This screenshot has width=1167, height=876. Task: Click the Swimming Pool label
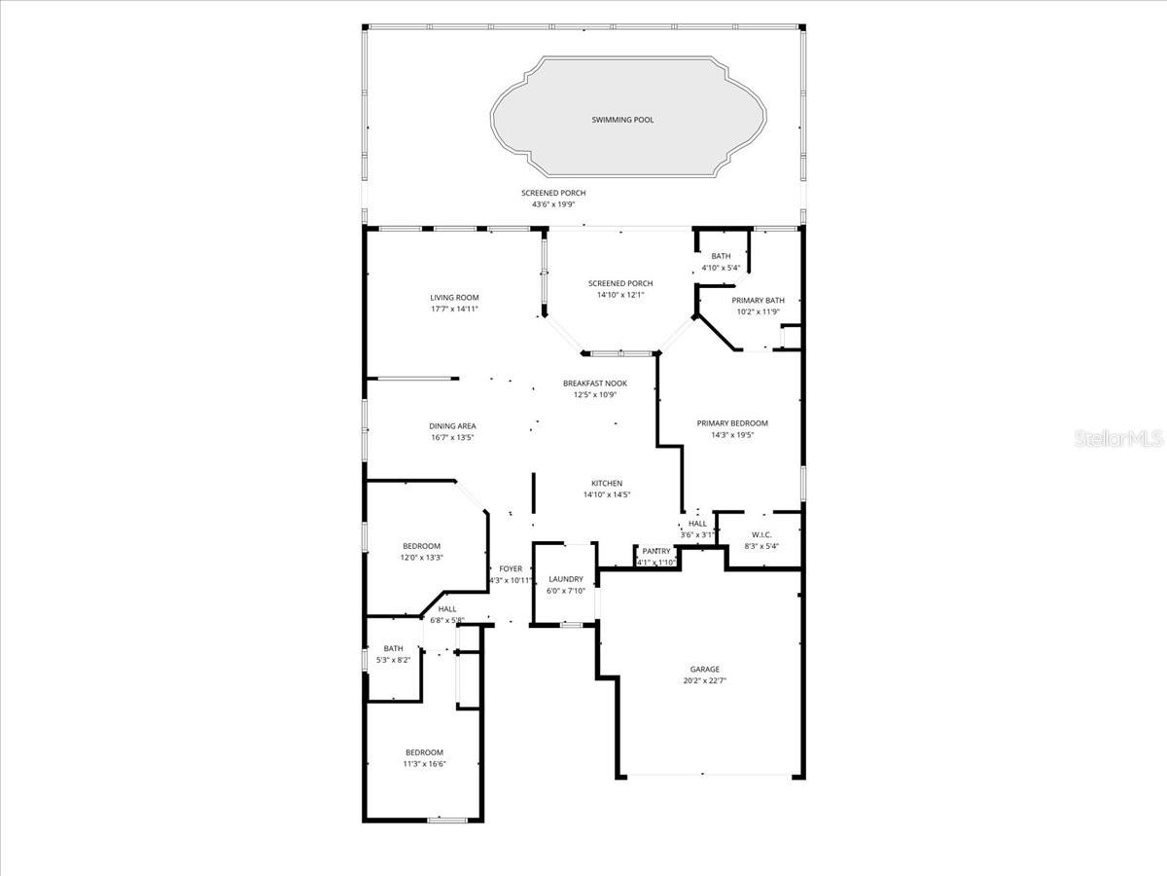click(622, 120)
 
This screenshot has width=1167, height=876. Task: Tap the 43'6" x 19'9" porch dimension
click(553, 204)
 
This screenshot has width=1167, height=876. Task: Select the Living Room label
click(454, 297)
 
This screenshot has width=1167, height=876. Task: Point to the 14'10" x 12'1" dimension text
click(620, 295)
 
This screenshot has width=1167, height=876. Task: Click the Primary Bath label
click(759, 300)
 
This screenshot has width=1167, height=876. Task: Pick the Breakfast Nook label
click(595, 383)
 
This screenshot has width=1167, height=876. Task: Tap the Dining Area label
click(452, 425)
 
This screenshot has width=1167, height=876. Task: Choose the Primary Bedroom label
click(732, 422)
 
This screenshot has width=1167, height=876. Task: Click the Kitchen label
click(607, 483)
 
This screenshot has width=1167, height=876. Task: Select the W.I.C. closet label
click(761, 534)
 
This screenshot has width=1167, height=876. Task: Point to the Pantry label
click(656, 551)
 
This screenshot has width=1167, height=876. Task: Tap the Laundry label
click(565, 579)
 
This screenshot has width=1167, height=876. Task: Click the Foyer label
click(511, 568)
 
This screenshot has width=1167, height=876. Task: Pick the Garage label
click(705, 669)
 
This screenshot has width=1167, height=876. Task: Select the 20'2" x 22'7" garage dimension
click(705, 681)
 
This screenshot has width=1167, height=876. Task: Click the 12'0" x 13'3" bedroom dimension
click(421, 558)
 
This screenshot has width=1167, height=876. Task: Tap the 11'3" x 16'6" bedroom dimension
click(424, 764)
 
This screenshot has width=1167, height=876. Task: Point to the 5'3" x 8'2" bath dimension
click(393, 660)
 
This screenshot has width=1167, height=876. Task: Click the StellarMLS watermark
click(1117, 438)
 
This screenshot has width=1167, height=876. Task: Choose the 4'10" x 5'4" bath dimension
click(721, 268)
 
